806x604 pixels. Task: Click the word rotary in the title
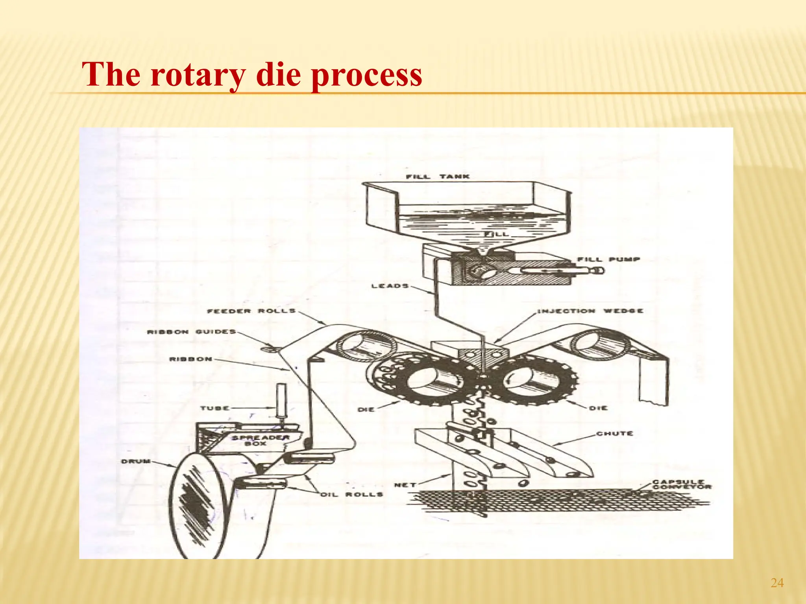197,75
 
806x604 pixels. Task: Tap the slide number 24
777,583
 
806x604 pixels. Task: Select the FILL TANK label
438,177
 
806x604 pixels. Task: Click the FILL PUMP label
608,260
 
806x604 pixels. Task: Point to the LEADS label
390,286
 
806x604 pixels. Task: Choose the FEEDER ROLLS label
251,311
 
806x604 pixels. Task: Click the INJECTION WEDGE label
590,311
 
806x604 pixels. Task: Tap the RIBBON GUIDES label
191,332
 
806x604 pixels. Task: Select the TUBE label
214,408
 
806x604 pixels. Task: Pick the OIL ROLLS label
351,494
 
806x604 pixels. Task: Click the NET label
405,485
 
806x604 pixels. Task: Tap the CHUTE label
614,434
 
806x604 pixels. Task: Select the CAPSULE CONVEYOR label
681,484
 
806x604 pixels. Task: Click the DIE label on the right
598,408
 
